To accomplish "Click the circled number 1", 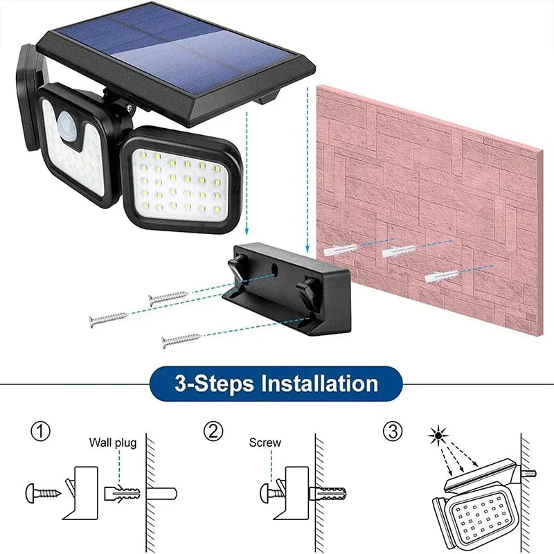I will (41, 432).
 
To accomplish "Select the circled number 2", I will (213, 432).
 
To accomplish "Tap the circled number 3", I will (392, 432).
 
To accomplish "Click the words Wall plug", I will (112, 443).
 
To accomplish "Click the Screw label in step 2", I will (265, 443).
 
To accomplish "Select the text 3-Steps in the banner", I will (204, 383).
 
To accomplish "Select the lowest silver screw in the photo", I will (180, 340).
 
